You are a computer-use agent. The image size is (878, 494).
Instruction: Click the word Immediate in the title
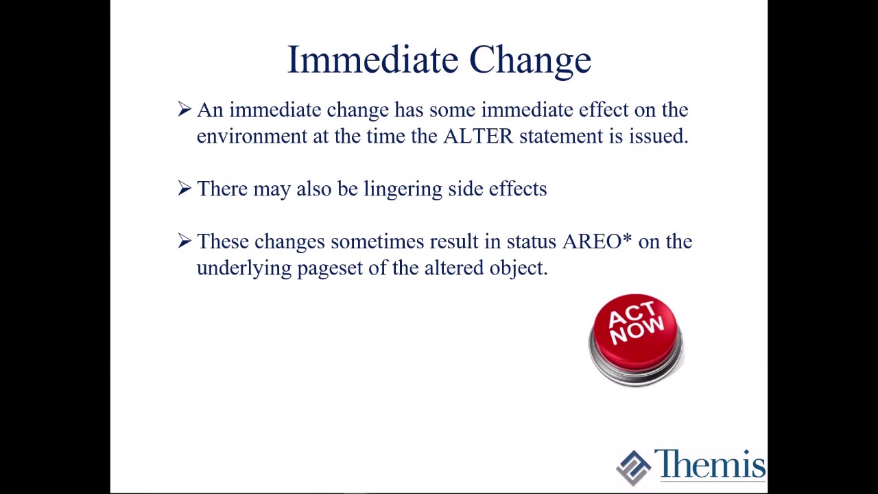point(372,60)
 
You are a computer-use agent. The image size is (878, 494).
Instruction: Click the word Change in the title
point(530,61)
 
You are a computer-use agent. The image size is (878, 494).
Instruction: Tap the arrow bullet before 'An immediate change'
point(185,109)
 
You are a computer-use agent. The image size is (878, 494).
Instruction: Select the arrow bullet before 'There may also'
point(185,188)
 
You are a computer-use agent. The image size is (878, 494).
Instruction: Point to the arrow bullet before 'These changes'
point(185,241)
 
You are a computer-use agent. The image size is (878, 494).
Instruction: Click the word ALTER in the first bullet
point(478,137)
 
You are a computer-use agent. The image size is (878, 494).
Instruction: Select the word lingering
point(403,189)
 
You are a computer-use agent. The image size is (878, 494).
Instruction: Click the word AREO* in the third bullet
point(597,241)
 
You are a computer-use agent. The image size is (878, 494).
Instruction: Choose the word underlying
point(244,269)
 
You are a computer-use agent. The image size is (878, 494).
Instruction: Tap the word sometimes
point(377,242)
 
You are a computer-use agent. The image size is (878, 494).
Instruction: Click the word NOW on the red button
point(637,331)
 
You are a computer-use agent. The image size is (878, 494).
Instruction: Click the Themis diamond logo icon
point(633,468)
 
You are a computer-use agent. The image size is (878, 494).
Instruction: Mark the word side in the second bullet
point(465,189)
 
